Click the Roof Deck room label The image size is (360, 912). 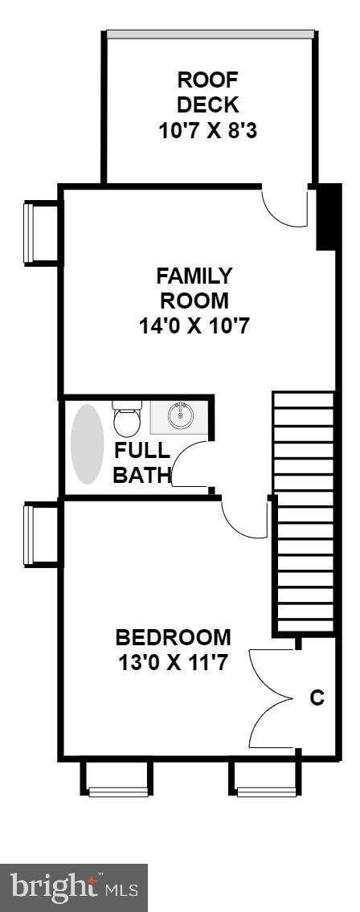tap(207, 92)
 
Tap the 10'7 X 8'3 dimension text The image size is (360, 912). tap(207, 130)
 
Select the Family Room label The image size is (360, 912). tap(194, 288)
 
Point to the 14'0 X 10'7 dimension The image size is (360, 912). tap(194, 325)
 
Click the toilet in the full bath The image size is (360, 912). tap(128, 418)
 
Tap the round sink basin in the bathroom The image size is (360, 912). tap(180, 415)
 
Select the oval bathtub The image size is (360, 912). tap(88, 444)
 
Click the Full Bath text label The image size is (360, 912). tap(142, 462)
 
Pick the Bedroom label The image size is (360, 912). tap(174, 637)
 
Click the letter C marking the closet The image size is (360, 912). tap(317, 697)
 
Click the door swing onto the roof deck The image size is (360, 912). tap(284, 206)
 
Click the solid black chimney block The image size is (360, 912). tap(327, 217)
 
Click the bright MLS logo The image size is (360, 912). tap(74, 888)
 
